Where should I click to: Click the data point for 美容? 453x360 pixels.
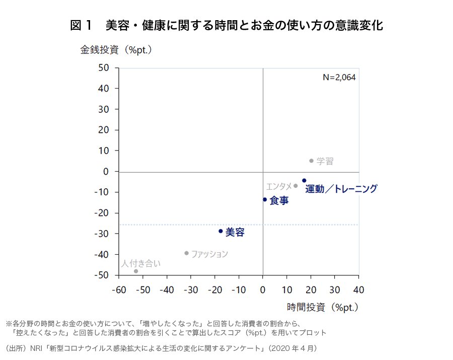point(220,231)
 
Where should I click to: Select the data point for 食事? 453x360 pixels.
point(265,199)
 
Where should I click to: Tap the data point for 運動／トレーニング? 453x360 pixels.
point(304,180)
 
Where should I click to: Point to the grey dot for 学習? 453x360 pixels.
point(311,161)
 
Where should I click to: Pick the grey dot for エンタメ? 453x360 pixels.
point(295,186)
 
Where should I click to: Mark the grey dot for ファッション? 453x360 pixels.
point(187,253)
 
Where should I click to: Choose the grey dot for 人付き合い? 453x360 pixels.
point(136,271)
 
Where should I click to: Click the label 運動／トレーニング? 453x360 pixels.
point(341,189)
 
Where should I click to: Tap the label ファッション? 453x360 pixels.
point(209,254)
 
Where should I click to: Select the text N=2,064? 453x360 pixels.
point(339,78)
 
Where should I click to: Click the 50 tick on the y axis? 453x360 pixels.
point(104,67)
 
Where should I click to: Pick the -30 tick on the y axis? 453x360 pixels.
point(102,234)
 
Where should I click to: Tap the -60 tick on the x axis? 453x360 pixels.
point(119,290)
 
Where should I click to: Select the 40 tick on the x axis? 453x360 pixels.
point(358,290)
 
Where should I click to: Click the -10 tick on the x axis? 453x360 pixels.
point(239,290)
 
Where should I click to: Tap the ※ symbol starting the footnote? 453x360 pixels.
point(9,323)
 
